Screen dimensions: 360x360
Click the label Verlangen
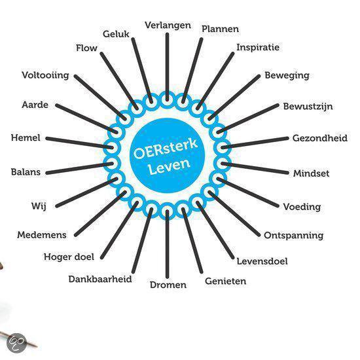click(168, 26)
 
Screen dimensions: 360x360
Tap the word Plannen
click(220, 29)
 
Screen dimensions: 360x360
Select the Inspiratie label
click(258, 48)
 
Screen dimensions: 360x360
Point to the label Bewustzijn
click(308, 107)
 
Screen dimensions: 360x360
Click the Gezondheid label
click(320, 138)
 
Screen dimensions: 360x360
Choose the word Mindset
click(311, 173)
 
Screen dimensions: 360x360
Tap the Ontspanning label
click(294, 236)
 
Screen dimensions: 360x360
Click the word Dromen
click(168, 285)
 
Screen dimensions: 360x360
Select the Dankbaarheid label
click(100, 279)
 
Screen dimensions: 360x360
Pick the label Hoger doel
click(69, 257)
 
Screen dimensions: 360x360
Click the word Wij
click(39, 206)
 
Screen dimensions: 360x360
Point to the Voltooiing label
click(45, 75)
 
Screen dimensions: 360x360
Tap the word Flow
click(86, 48)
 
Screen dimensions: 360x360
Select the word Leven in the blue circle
click(170, 166)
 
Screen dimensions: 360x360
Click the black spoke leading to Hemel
click(79, 143)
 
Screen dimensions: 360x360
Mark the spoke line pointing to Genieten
click(192, 240)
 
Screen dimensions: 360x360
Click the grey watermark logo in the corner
click(16, 343)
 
